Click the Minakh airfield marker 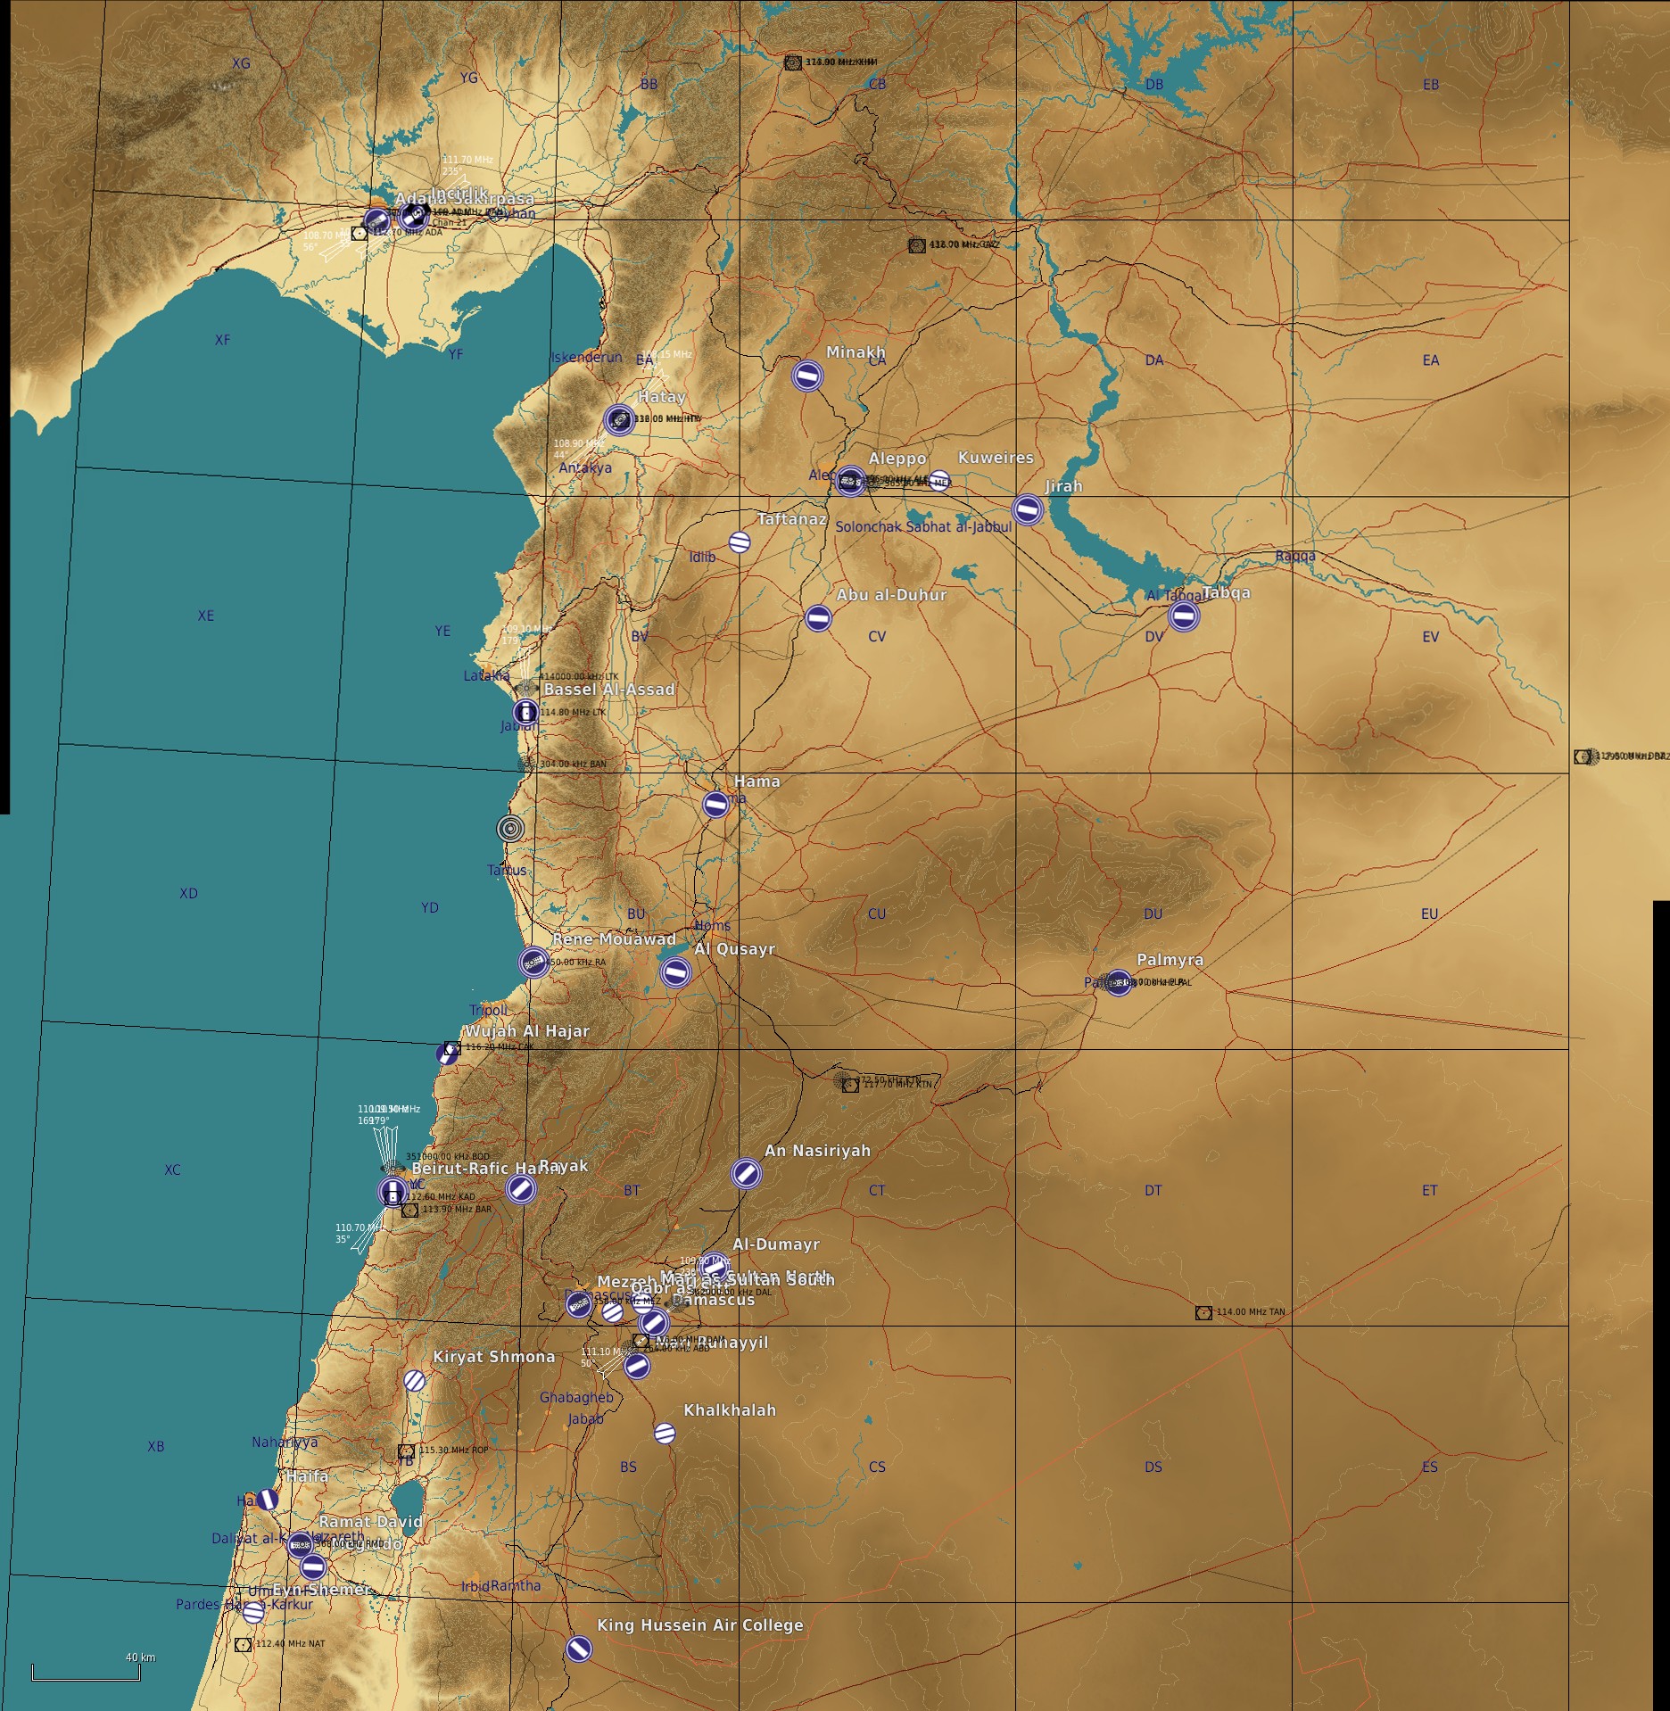806,376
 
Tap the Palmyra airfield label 1170,960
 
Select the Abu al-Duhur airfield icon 818,617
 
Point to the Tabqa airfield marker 1183,615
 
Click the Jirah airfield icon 1027,509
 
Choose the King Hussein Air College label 699,1625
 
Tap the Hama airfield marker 715,804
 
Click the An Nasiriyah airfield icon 746,1173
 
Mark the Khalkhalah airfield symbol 664,1434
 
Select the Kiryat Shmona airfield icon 414,1380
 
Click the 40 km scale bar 86,1674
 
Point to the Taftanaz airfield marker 739,541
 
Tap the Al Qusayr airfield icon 675,971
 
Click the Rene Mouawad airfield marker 533,963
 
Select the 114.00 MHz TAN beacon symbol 1203,1312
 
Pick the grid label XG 241,63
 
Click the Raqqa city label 1294,557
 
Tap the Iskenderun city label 586,357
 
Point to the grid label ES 1430,1467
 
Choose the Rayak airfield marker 520,1187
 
